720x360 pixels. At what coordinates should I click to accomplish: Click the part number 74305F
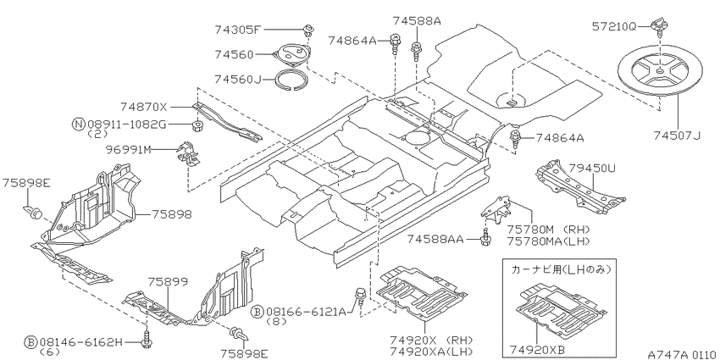(237, 30)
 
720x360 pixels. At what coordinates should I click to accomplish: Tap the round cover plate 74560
(291, 55)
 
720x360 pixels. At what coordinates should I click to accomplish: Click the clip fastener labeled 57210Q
(658, 25)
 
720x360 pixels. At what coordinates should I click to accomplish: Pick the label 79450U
(592, 169)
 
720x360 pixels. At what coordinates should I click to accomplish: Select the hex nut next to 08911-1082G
(198, 124)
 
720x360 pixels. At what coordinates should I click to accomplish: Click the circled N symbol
(79, 124)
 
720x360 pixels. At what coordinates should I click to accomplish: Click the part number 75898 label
(172, 214)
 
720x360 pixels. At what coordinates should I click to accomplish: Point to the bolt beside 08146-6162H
(147, 340)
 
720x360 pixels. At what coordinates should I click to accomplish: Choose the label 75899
(168, 281)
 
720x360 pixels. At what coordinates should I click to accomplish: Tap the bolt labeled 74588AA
(485, 238)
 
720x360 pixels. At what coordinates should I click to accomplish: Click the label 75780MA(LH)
(548, 241)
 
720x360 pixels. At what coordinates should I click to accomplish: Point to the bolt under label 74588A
(417, 50)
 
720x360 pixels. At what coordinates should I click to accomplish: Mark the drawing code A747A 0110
(683, 354)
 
